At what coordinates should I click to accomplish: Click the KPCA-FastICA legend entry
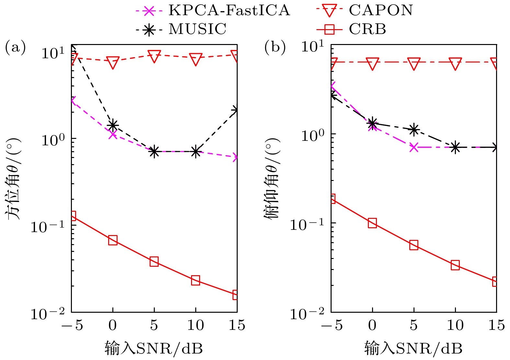coord(212,10)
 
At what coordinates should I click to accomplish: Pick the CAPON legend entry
coord(364,10)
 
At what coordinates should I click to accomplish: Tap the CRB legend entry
coord(351,29)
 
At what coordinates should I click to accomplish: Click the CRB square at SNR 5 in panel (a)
coord(154,262)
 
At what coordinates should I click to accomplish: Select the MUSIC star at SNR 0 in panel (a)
coord(113,125)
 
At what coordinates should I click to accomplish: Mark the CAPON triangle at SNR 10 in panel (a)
coord(196,60)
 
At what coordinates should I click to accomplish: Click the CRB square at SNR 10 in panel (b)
coord(455,265)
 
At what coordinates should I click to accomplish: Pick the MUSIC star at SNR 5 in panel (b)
coord(414,129)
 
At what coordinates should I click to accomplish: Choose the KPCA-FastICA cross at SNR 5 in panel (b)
coord(414,148)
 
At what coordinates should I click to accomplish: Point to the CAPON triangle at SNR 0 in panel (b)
coord(372,63)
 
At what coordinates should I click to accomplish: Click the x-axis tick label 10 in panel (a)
coord(196,325)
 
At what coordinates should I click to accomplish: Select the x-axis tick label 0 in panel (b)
coord(372,325)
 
